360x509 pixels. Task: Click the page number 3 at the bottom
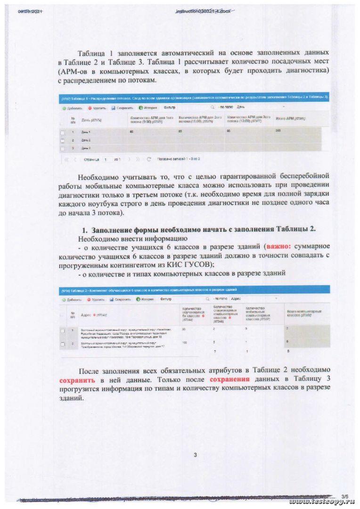click(195, 454)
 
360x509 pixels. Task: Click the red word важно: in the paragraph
click(281, 246)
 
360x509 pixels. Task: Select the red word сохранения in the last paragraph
click(229, 379)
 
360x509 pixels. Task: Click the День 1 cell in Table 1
click(86, 132)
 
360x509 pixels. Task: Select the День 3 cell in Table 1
click(86, 148)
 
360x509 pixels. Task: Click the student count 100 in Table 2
click(184, 343)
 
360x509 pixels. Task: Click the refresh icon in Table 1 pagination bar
click(149, 159)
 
